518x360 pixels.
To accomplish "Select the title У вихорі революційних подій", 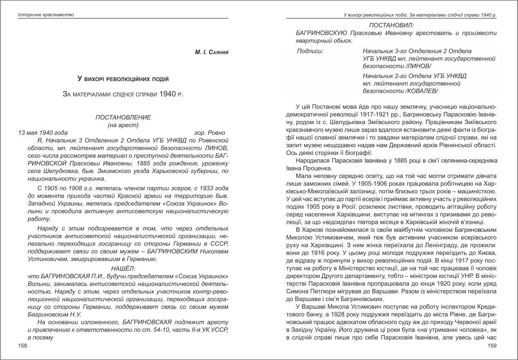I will click(123, 78).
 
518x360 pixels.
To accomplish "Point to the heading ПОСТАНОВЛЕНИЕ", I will click(123, 117).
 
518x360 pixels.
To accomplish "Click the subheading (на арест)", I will click(123, 125).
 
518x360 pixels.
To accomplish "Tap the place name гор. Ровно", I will click(210, 133).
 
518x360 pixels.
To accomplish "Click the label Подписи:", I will click(310, 51).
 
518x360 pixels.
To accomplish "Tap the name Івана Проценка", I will click(313, 168).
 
